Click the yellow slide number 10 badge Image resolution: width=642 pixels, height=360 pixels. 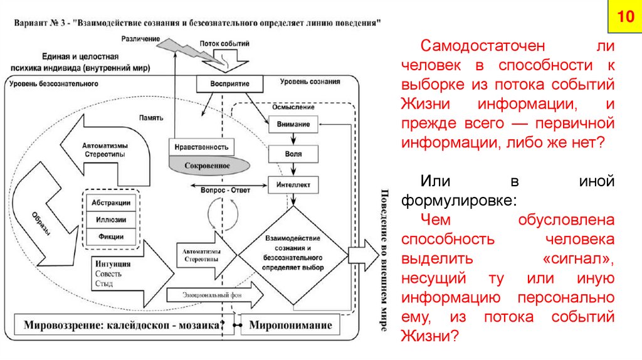pos(624,18)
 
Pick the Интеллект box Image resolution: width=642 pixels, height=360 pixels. pos(293,185)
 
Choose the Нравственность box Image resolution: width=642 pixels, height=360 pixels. pos(201,147)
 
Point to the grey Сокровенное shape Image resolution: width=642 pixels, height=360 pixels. pos(208,166)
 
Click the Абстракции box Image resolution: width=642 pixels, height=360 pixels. pos(110,203)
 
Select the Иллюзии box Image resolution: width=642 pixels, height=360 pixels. pos(110,220)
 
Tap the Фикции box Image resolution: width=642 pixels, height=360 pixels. pos(110,237)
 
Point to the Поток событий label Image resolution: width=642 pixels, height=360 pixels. pos(224,44)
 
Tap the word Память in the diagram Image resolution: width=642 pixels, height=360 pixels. pos(152,117)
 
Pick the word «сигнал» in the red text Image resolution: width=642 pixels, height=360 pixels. pos(577,258)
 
